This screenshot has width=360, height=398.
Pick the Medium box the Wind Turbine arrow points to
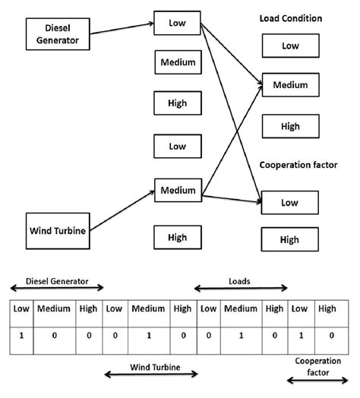177,188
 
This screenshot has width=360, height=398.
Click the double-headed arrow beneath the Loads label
242,288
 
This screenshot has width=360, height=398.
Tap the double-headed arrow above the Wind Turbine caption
151,373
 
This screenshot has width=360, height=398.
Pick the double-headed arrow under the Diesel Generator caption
56,288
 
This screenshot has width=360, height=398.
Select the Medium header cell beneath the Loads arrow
240,309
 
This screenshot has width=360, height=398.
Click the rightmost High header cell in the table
327,309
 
